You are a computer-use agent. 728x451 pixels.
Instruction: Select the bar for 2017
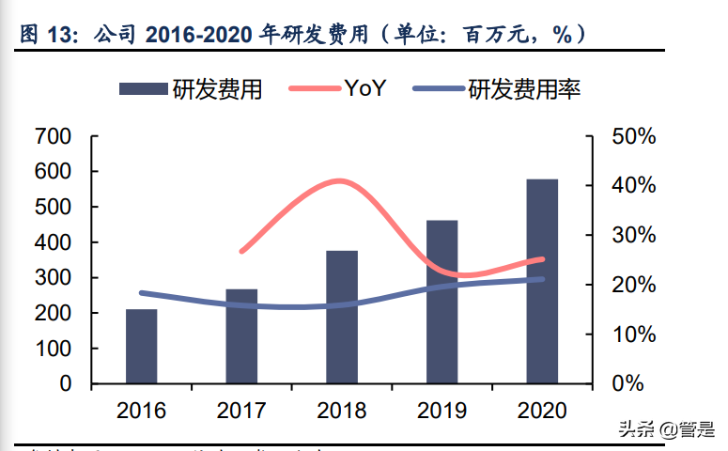[241, 335]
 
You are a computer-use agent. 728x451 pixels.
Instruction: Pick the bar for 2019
[442, 302]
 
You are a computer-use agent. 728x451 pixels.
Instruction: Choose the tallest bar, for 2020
[542, 281]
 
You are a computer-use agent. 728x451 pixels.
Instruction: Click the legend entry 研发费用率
[524, 89]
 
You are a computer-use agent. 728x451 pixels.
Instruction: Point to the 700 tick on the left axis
[53, 136]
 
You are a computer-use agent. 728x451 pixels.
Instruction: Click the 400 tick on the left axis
[53, 242]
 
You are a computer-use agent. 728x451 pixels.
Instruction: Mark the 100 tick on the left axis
[53, 349]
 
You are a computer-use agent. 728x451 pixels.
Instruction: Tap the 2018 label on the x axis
[342, 411]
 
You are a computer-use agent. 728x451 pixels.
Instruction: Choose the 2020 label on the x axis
[542, 411]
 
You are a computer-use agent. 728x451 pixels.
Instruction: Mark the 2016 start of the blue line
[141, 293]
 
